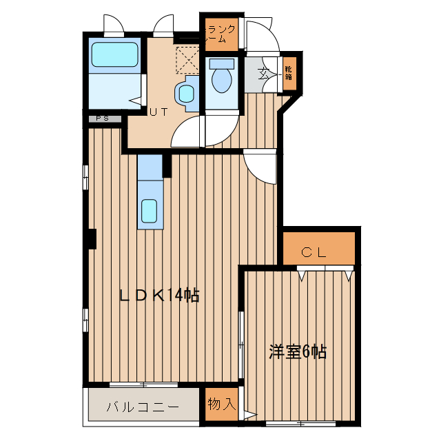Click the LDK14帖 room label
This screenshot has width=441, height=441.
[x=160, y=296]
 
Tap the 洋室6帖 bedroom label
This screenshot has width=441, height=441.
[x=298, y=352]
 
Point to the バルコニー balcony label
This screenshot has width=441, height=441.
[x=143, y=407]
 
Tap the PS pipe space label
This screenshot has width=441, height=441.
[x=103, y=119]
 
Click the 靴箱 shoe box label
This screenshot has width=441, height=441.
[x=288, y=72]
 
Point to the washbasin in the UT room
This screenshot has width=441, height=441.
[x=185, y=93]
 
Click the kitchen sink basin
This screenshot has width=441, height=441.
[x=150, y=211]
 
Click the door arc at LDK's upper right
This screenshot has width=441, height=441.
[x=261, y=167]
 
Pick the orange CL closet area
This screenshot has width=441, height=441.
[x=318, y=249]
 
